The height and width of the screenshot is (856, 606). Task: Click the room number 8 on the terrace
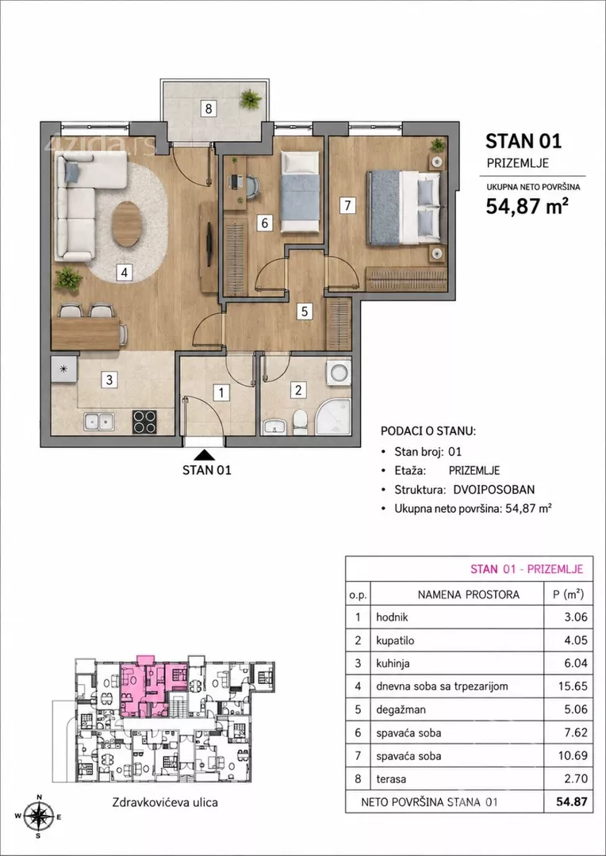(x=208, y=109)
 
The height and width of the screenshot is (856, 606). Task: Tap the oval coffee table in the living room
(x=126, y=224)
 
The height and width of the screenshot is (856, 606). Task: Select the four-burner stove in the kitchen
(x=145, y=422)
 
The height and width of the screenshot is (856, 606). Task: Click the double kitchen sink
(x=99, y=422)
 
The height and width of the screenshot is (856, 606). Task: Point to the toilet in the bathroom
(x=300, y=423)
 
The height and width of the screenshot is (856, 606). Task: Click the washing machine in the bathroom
(x=339, y=373)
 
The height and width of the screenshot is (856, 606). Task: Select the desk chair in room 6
(x=251, y=186)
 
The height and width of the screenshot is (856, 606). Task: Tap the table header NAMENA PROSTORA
(x=468, y=594)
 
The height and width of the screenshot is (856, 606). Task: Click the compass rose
(x=39, y=816)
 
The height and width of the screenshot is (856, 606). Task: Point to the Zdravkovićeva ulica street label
(x=165, y=802)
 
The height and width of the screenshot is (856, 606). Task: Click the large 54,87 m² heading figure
(x=524, y=206)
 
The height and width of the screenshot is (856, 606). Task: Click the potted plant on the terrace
(x=250, y=99)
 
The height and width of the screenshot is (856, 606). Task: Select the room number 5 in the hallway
(x=305, y=311)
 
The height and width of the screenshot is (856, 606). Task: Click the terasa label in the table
(x=391, y=779)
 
